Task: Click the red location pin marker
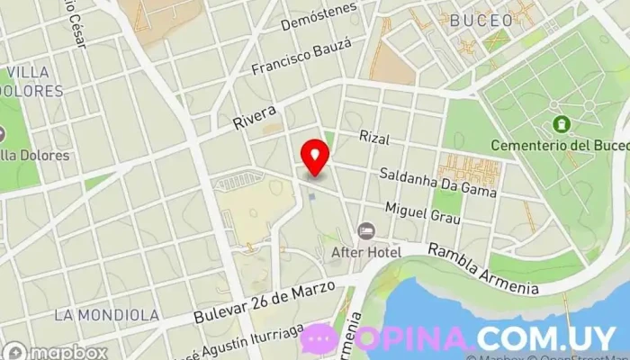314,157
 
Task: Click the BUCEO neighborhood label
481,19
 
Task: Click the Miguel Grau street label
422,213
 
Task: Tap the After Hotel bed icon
366,232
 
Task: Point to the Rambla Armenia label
482,268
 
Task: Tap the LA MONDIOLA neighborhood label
106,315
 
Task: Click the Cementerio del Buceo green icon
562,123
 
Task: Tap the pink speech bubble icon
319,339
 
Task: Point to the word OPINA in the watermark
412,338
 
